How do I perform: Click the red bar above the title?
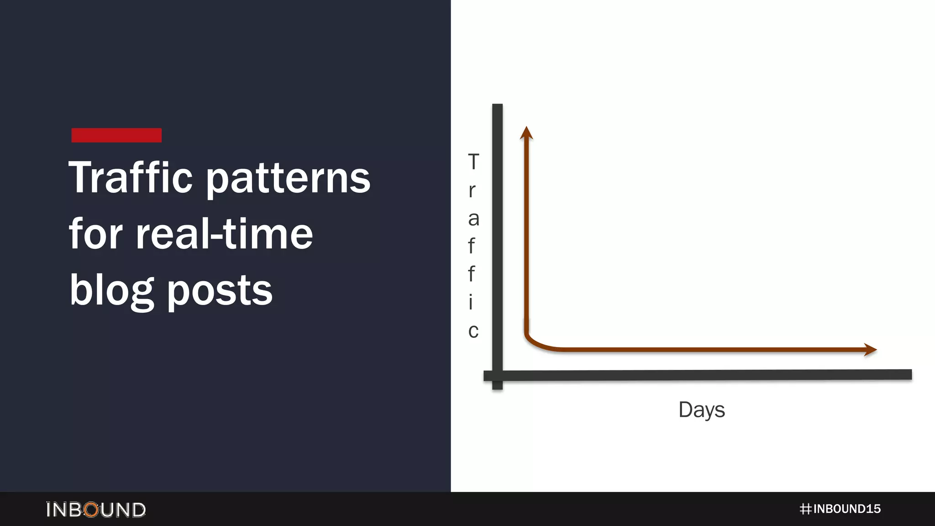[x=116, y=135]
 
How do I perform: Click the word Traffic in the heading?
[x=131, y=178]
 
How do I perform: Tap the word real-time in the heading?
[x=224, y=234]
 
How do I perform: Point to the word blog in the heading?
[x=111, y=291]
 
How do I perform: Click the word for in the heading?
[x=95, y=234]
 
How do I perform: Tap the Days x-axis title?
[x=701, y=410]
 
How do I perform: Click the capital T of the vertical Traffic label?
[x=473, y=162]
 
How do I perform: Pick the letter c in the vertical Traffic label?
[x=473, y=331]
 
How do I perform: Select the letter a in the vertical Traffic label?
[x=473, y=219]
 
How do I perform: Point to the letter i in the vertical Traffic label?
[x=471, y=302]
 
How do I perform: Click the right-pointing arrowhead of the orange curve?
[x=870, y=350]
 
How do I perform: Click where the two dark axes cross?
[x=497, y=375]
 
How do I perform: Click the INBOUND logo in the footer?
[x=96, y=510]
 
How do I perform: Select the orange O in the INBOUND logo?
[x=92, y=510]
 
